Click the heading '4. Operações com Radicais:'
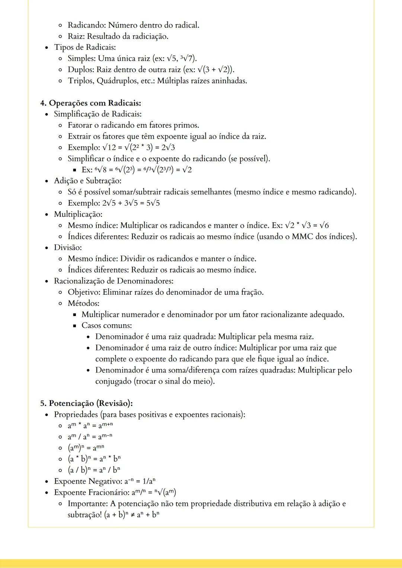[x=90, y=103]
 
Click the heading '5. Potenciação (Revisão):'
[x=86, y=403]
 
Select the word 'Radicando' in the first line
[x=86, y=25]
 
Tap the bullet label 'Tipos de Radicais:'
[x=85, y=47]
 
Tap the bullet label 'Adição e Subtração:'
[x=87, y=181]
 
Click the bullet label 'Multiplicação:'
[x=78, y=214]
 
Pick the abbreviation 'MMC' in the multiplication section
[x=302, y=236]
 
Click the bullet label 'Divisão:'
[x=68, y=248]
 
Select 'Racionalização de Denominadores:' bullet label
[x=114, y=281]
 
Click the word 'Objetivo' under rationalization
[x=83, y=292]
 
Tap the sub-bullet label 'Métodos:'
[x=83, y=303]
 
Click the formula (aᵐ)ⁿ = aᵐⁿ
[x=86, y=448]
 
